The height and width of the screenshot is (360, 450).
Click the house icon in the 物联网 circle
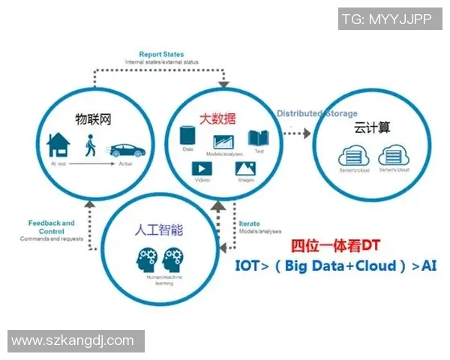pos(58,144)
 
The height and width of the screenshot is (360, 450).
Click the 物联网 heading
pos(92,119)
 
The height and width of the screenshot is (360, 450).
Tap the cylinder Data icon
pos(187,137)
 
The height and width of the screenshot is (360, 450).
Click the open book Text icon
pos(259,139)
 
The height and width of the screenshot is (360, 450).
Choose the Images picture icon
pos(246,169)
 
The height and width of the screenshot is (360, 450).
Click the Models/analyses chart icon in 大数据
pos(225,140)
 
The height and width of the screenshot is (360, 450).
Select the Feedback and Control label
pos(51,226)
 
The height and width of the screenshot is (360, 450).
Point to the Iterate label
pos(249,224)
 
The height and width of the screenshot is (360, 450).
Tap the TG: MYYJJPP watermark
pos(386,19)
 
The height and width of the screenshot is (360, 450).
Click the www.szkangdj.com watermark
pos(73,341)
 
